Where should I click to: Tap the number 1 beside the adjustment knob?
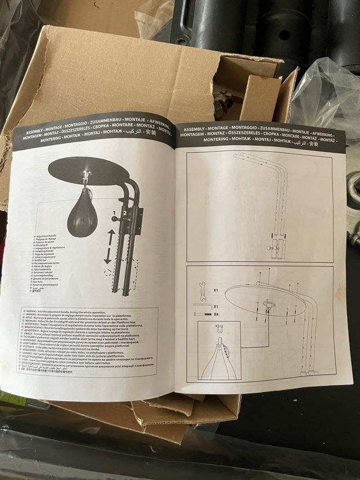click(x=114, y=214)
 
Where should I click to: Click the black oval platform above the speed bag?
click(x=85, y=169)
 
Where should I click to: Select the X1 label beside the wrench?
click(x=216, y=290)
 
